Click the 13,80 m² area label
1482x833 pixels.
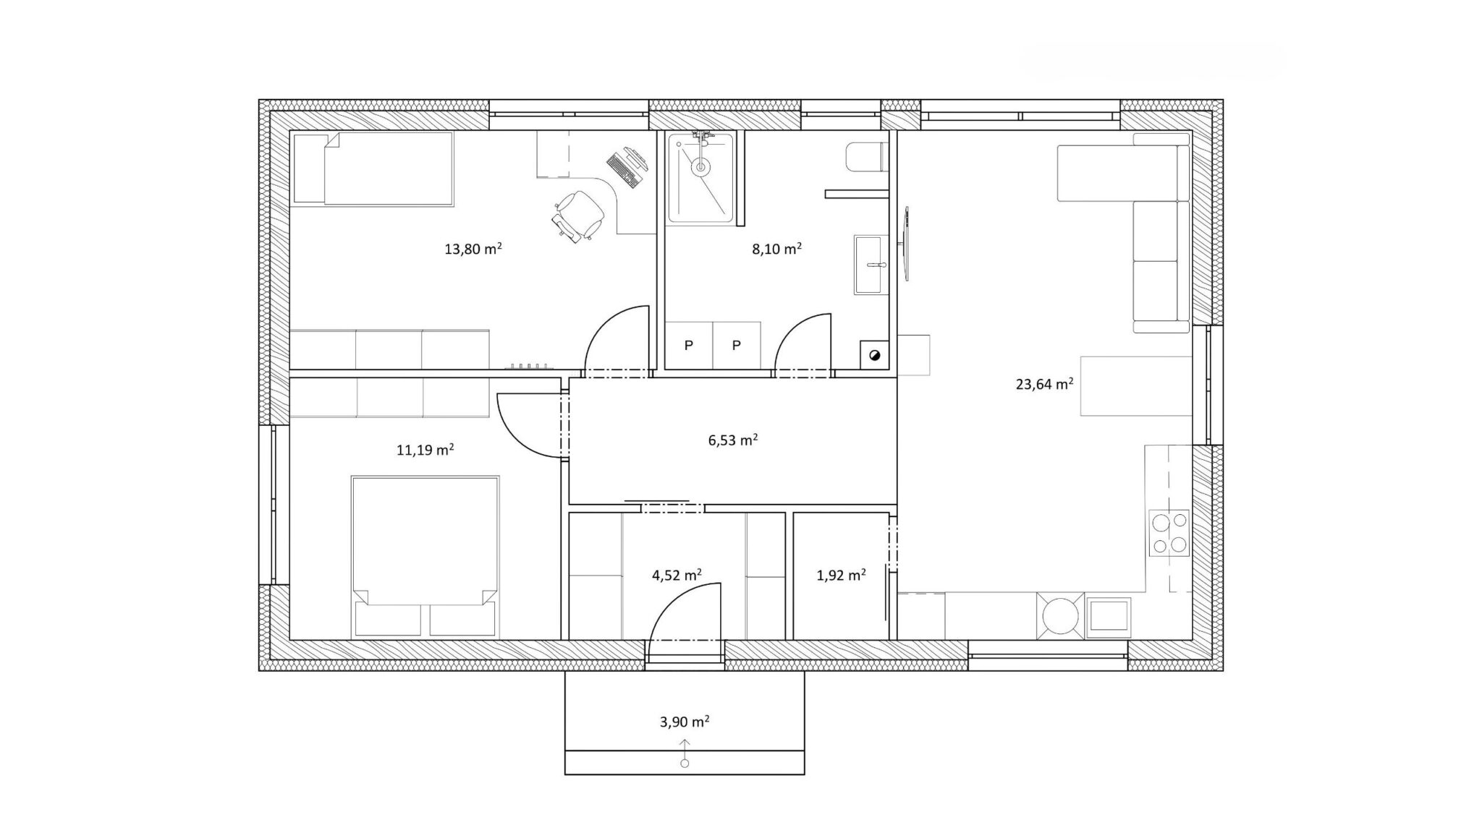tap(473, 249)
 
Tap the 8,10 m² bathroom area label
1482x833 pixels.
tap(777, 249)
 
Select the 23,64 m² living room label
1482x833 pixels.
tap(1044, 384)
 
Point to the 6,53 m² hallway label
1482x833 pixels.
tap(733, 440)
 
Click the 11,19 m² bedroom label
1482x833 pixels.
tap(425, 450)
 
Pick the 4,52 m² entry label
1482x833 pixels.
tap(677, 575)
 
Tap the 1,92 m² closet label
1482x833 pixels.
tap(842, 575)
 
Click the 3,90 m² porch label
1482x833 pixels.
tap(685, 721)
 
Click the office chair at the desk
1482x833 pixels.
tap(578, 215)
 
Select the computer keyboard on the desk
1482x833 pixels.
tap(620, 169)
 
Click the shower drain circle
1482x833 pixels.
tap(700, 167)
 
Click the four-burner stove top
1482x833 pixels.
tap(1169, 532)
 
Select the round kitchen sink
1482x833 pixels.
tap(1061, 616)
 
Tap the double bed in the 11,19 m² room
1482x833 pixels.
tap(425, 557)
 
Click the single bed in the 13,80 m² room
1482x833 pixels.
tap(373, 168)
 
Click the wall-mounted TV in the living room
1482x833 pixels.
tap(907, 244)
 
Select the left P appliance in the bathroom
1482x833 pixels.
tap(689, 346)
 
